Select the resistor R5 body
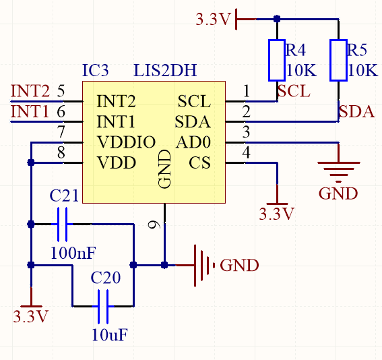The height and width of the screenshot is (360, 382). [x=338, y=61]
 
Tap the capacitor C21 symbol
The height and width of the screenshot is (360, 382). [x=64, y=224]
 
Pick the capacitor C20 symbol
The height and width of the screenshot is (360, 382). [x=103, y=306]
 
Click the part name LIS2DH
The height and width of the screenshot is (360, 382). [x=165, y=70]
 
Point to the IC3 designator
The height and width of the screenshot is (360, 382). [x=95, y=70]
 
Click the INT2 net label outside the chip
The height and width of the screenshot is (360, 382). [x=30, y=91]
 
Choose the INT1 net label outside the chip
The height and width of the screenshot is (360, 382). [x=30, y=111]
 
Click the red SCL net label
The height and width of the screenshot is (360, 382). [x=294, y=91]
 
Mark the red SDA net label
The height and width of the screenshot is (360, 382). [x=356, y=111]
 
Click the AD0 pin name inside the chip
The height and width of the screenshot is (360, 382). [x=193, y=142]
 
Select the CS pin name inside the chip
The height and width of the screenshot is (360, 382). [x=199, y=162]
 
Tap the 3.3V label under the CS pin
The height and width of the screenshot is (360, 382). [x=277, y=214]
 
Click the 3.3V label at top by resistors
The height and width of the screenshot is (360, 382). [x=213, y=20]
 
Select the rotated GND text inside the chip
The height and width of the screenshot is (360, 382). [x=164, y=169]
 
